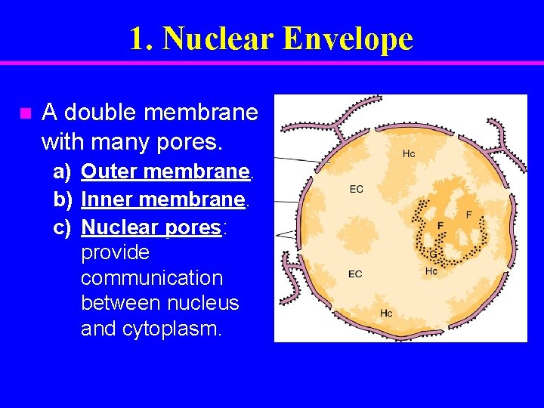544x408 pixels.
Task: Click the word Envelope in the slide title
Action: coord(348,39)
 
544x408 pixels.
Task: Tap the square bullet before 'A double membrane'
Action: coord(25,114)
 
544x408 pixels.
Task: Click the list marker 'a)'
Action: coord(62,172)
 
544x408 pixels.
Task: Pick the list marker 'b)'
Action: coord(62,200)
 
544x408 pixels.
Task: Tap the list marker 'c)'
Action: coord(62,227)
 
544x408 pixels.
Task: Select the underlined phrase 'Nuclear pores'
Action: coord(150,227)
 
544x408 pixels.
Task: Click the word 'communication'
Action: coord(152,278)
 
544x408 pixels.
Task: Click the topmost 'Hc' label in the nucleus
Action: coord(409,154)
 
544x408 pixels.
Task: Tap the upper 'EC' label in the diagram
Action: coord(356,189)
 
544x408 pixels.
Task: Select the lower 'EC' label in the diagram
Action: coord(355,274)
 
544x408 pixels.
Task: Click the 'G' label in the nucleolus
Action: coord(433,255)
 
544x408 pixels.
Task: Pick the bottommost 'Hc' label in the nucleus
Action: coord(386,313)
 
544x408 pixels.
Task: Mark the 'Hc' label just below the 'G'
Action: coord(431,270)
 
